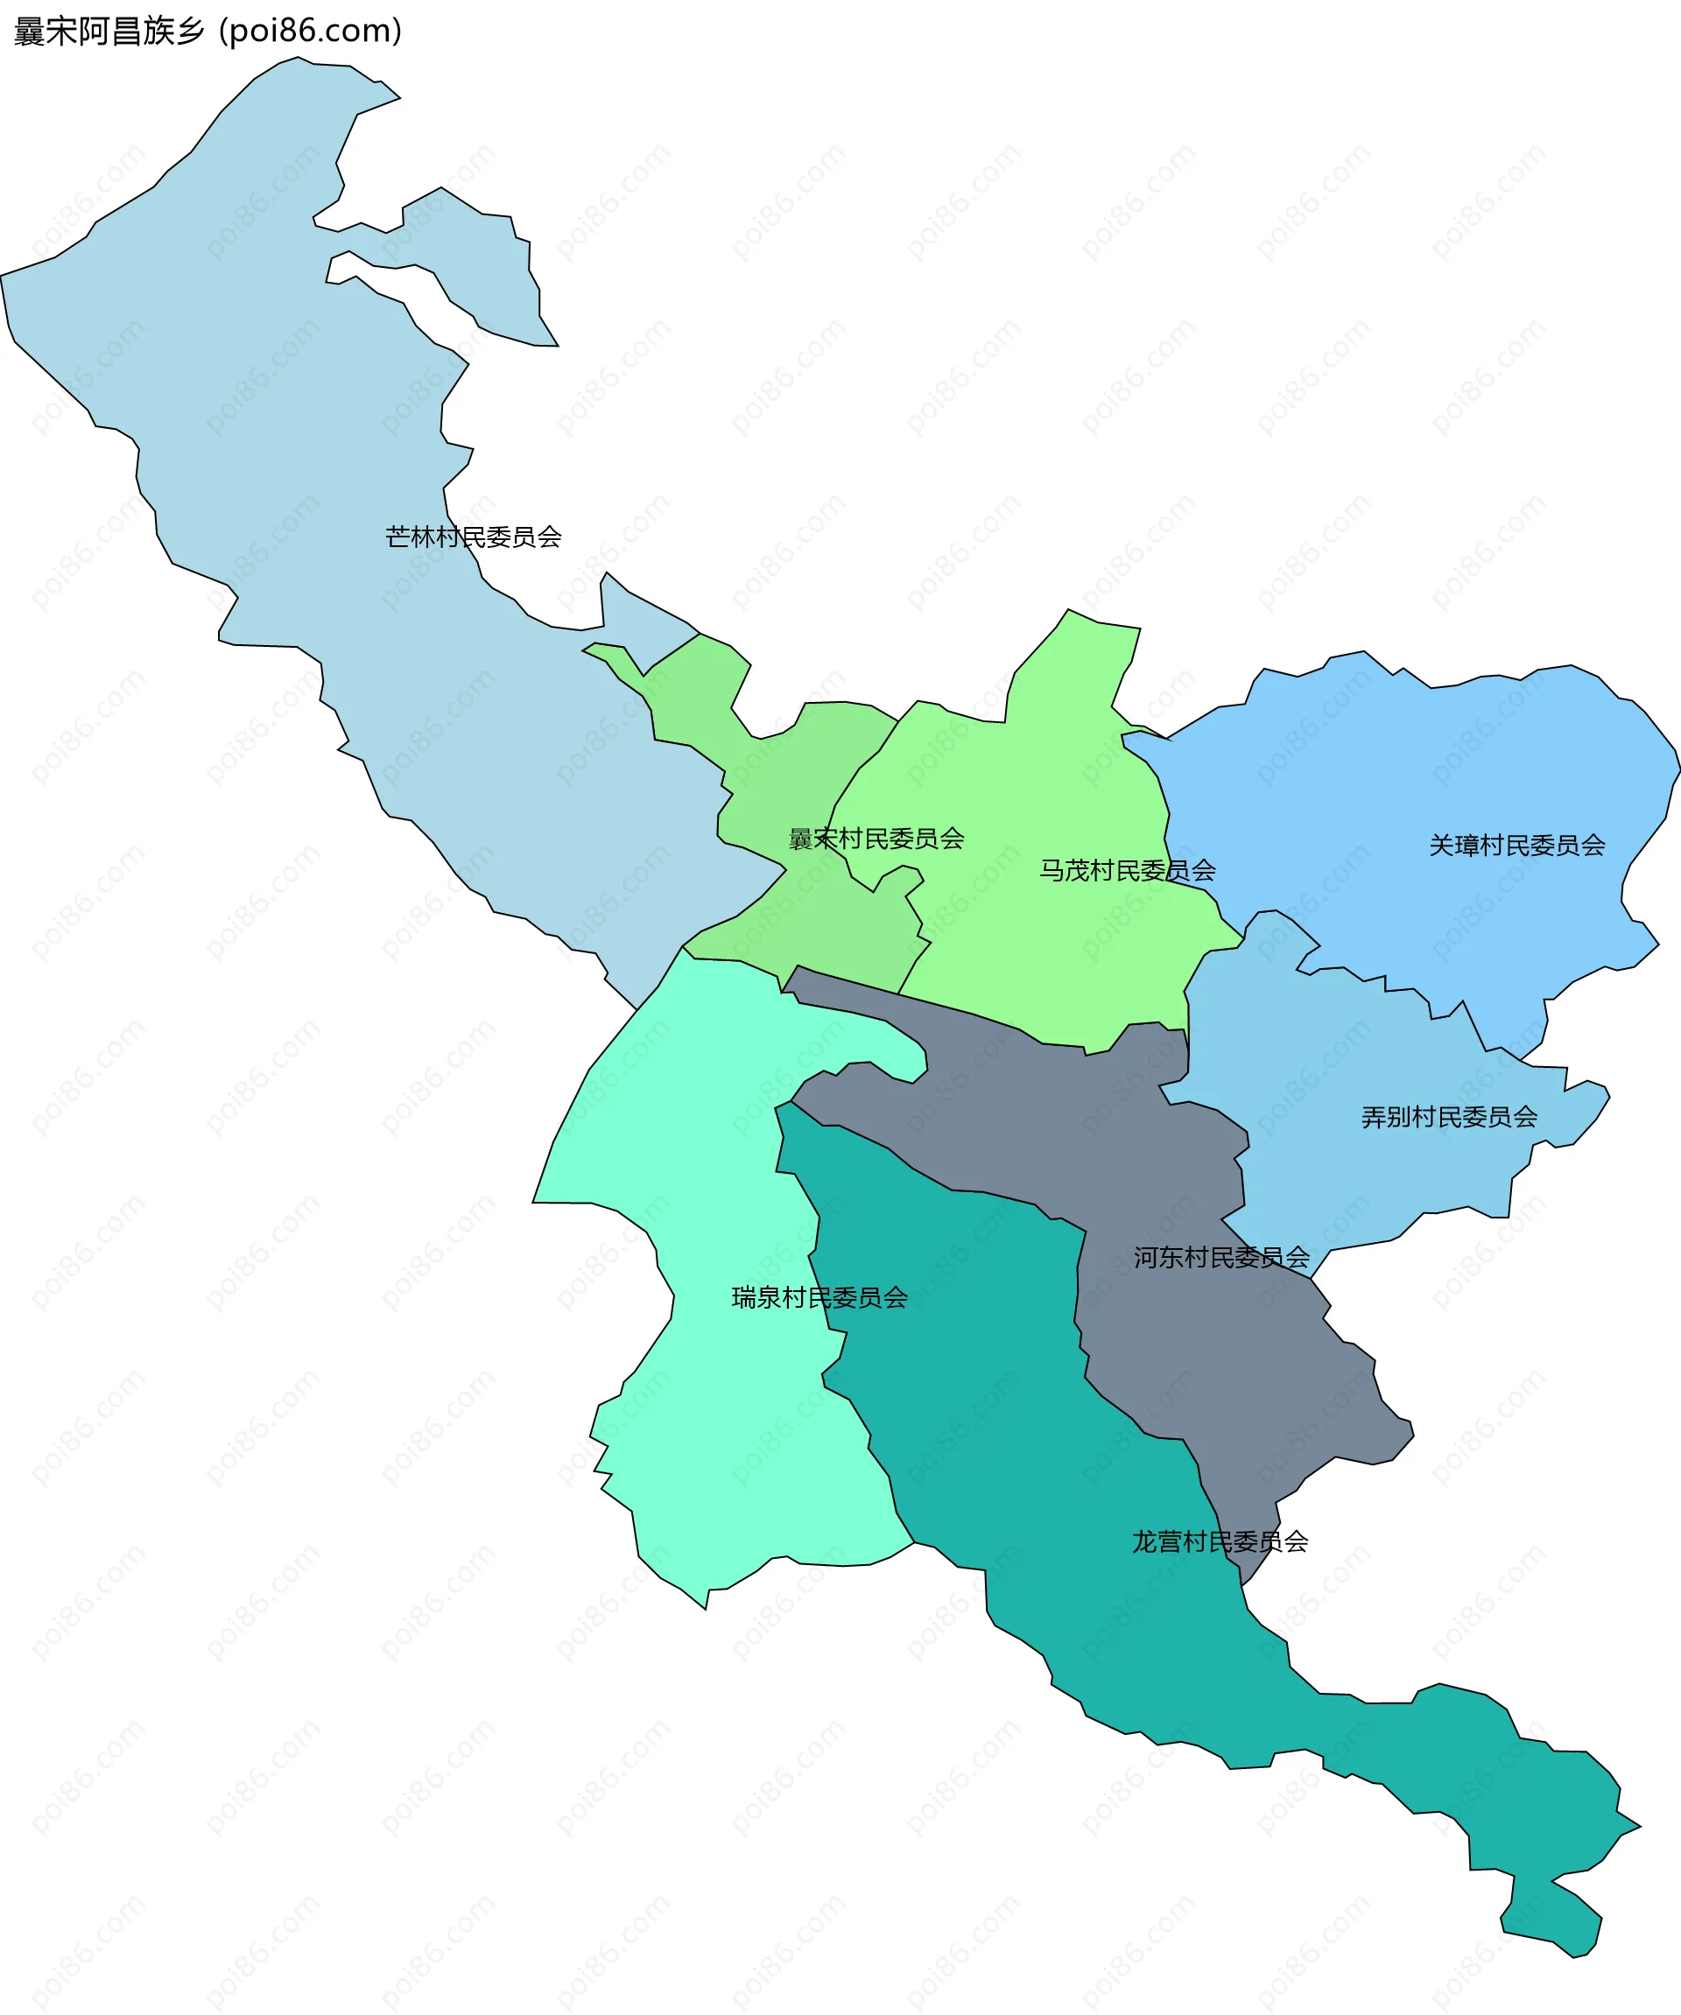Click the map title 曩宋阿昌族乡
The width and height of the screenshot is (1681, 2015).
click(109, 32)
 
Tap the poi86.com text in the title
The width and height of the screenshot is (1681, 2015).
click(310, 32)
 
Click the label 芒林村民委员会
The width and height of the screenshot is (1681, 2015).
click(473, 537)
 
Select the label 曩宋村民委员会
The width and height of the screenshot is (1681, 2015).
click(876, 839)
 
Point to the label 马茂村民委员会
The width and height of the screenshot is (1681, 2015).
click(1128, 870)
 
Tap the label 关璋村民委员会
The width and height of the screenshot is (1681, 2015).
click(1517, 846)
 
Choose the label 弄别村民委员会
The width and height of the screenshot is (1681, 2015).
click(1449, 1117)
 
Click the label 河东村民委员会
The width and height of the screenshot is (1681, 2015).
click(1221, 1257)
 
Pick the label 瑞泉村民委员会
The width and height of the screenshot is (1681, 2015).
click(819, 1297)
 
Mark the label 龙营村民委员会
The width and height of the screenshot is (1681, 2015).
click(1220, 1542)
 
